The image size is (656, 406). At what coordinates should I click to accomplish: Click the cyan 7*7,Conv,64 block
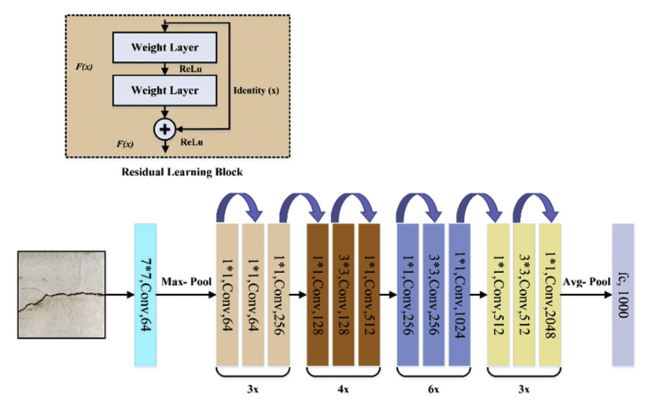146,295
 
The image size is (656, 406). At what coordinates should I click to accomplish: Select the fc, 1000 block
623,295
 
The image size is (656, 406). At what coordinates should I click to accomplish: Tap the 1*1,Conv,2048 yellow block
550,295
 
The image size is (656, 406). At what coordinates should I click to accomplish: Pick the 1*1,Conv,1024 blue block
459,295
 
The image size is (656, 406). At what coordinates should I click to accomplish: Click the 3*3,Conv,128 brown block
343,295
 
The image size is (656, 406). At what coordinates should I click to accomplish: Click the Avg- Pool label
586,281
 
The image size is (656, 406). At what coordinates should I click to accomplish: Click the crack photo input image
61,295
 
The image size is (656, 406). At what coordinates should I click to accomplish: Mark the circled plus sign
165,128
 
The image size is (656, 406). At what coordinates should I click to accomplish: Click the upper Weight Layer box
165,47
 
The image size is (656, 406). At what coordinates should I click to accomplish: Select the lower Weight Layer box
165,90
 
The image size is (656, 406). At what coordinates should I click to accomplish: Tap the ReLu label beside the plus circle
191,142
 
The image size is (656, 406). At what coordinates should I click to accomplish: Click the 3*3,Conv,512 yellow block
524,295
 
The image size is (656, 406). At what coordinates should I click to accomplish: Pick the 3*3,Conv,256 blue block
433,295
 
